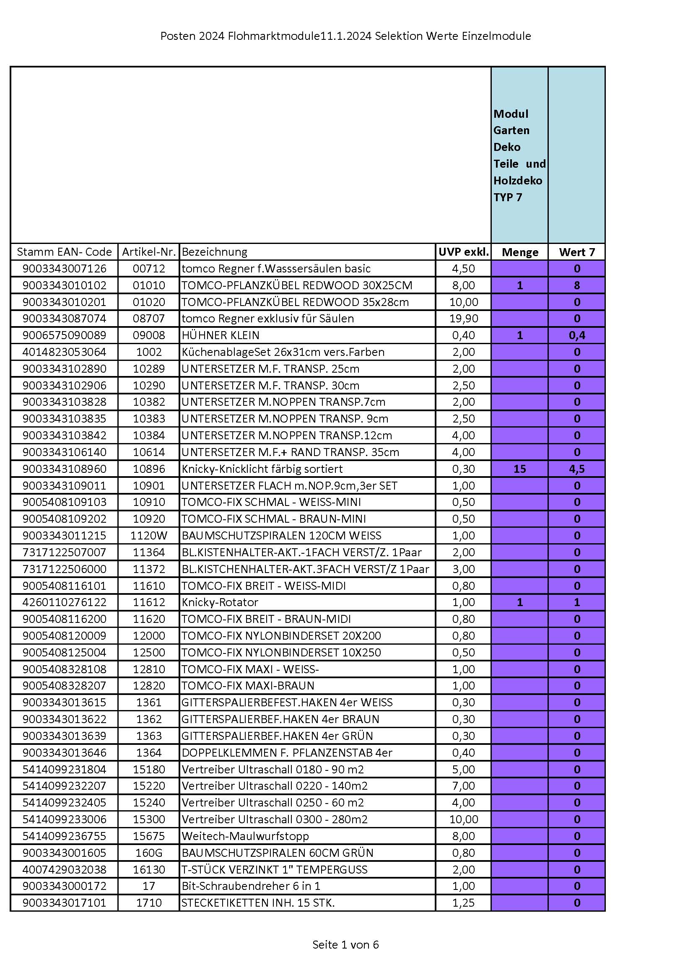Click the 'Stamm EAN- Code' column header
coord(64,252)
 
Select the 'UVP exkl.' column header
coord(463,252)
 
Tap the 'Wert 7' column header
coord(576,252)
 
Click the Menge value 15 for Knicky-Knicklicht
coord(519,469)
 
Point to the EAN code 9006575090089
coord(64,335)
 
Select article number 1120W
coord(148,535)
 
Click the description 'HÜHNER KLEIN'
coord(221,335)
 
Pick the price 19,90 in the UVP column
coord(463,319)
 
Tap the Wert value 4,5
coord(576,469)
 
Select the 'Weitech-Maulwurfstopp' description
coord(245,836)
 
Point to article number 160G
coord(148,853)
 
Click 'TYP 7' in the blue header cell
coord(508,197)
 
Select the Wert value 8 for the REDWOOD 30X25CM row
coord(576,285)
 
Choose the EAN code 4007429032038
coord(64,869)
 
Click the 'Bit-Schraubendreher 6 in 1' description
coord(251,886)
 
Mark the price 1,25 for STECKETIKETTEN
coord(463,902)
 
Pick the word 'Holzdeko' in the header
coord(517,181)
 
